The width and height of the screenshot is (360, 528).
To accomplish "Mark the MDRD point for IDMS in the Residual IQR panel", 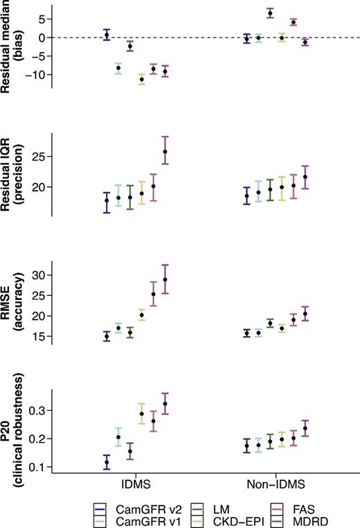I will pos(165,151).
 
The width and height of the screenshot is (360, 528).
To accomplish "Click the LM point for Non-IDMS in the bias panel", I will pos(270,13).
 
